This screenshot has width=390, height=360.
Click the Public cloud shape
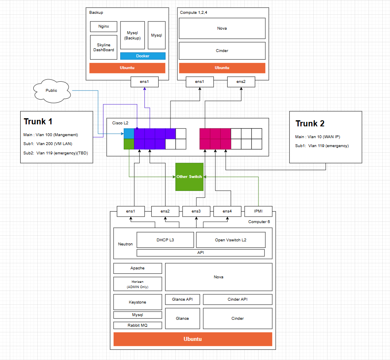(x=51, y=91)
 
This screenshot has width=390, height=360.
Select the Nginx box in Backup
(x=103, y=27)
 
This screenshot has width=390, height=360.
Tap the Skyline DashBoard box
(x=103, y=48)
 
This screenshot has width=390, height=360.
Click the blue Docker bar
(x=142, y=56)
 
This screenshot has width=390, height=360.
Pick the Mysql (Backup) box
(x=132, y=35)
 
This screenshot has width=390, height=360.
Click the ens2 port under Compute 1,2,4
(x=241, y=82)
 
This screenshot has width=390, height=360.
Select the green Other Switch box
(x=189, y=177)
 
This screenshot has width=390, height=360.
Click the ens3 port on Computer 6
(x=196, y=211)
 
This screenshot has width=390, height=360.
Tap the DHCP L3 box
(x=165, y=240)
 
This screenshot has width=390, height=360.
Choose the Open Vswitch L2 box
(x=231, y=240)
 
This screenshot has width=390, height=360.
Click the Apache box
(x=138, y=268)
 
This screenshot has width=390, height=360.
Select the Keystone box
(x=138, y=302)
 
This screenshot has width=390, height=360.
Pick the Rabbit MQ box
(x=138, y=325)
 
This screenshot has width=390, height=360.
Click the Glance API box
(x=182, y=299)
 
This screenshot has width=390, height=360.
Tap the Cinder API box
(x=237, y=299)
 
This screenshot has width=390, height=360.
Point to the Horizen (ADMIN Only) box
(x=138, y=284)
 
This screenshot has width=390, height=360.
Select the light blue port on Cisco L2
(x=129, y=134)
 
